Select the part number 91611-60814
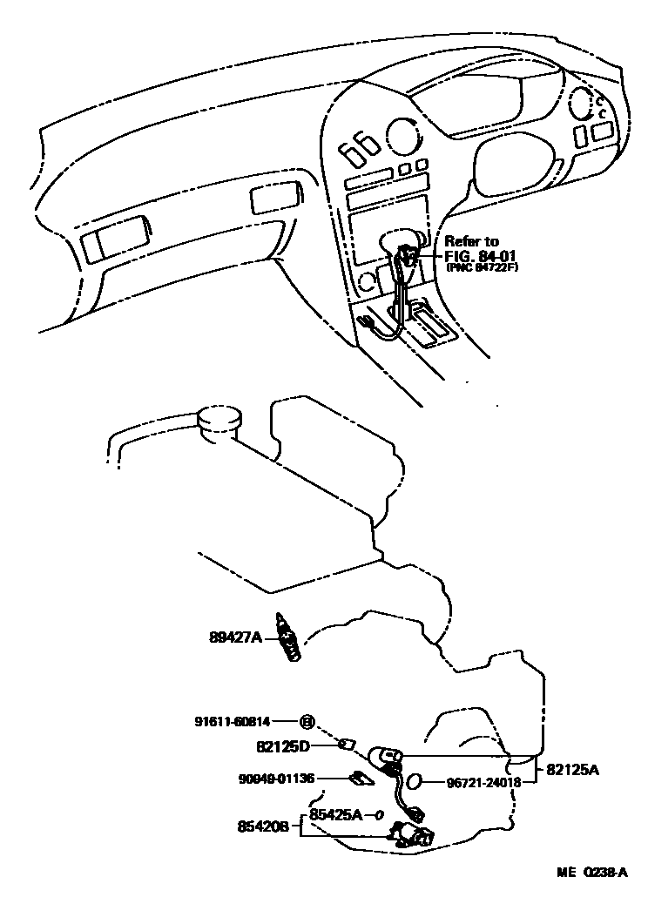coord(232,721)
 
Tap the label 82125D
coord(283,745)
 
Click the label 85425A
coord(335,815)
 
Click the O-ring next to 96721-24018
coord(415,782)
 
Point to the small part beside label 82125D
coord(346,744)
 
